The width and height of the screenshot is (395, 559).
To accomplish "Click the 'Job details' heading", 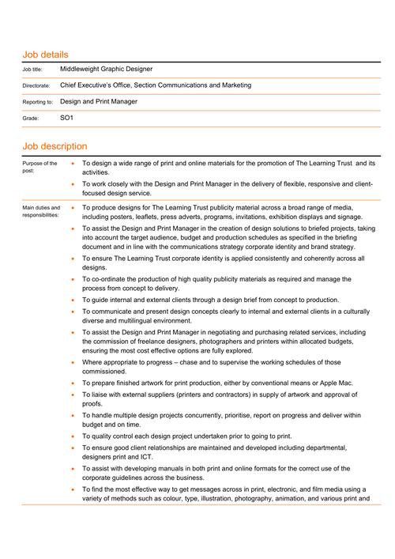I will pos(45,55).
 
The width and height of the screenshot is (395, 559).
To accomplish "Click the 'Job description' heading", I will pos(55,146).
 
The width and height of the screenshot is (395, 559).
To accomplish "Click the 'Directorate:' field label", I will pos(36,85).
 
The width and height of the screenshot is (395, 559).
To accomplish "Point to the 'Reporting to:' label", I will pos(38,102).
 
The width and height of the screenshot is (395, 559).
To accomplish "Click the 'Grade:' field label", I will pos(30,118).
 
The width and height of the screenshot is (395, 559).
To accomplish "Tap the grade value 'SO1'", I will pos(67,117).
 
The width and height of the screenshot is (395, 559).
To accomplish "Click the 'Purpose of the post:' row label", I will pos(39,167).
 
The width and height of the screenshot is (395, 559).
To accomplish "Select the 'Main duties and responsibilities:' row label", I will pos(41,212).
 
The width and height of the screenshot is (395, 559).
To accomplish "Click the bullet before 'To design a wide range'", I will pos(73,163).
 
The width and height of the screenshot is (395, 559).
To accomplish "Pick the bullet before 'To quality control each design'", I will pos(73,436).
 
